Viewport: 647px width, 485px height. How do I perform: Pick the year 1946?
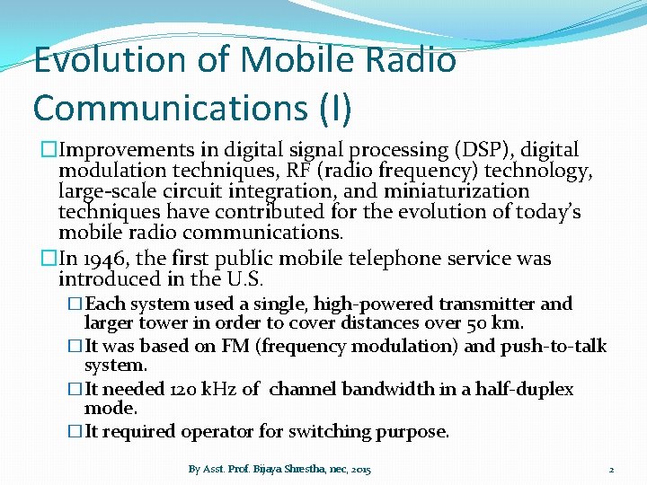point(109,259)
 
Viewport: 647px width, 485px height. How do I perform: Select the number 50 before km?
point(478,323)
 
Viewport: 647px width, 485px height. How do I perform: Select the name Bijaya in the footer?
point(271,469)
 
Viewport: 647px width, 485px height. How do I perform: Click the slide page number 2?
point(611,469)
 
